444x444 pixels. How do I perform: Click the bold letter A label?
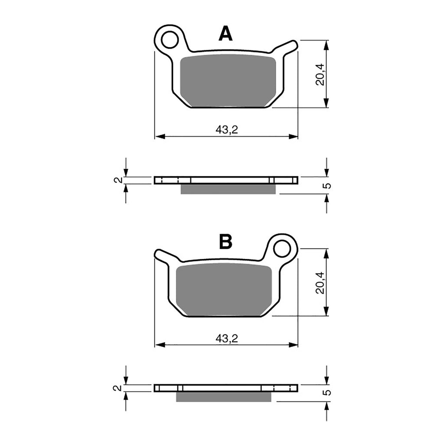225,34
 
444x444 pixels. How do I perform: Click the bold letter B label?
225,242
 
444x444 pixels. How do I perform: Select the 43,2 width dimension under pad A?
226,130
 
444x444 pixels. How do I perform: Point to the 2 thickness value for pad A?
115,180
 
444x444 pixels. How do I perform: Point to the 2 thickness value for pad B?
115,388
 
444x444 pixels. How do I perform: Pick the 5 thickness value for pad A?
328,186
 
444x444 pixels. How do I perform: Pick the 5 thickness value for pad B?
328,393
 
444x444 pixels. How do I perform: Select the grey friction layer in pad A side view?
228,189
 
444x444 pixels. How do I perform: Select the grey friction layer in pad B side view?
224,397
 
